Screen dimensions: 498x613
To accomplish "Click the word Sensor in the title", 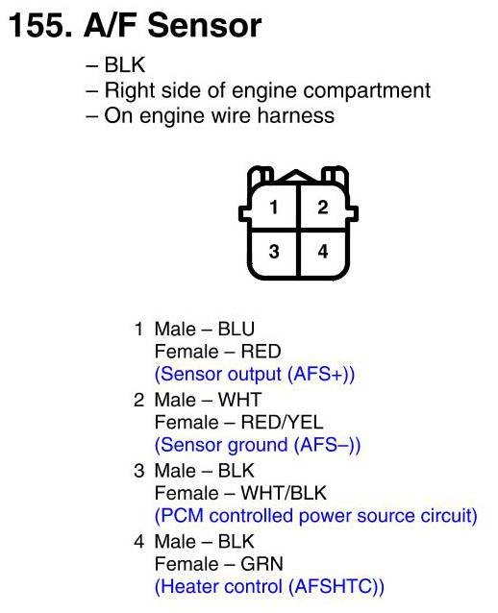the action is pyautogui.click(x=204, y=26).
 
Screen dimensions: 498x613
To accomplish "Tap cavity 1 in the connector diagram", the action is pyautogui.click(x=274, y=207).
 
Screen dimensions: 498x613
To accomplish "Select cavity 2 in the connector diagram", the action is pyautogui.click(x=323, y=207).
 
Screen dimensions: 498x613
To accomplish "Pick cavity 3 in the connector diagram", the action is pyautogui.click(x=274, y=252).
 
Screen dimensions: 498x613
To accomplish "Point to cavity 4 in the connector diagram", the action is pyautogui.click(x=323, y=252).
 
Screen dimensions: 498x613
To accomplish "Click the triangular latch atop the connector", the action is pyautogui.click(x=297, y=176).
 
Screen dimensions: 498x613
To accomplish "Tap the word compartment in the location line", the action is pyautogui.click(x=366, y=91).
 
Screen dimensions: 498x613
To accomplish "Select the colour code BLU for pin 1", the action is pyautogui.click(x=237, y=330).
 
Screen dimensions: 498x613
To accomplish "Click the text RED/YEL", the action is pyautogui.click(x=282, y=423).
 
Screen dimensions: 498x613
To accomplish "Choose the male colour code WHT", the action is pyautogui.click(x=239, y=400).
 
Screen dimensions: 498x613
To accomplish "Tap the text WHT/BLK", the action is pyautogui.click(x=284, y=493).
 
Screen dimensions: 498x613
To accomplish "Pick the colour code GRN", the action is pyautogui.click(x=261, y=564).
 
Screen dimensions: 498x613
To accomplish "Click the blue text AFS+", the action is pyautogui.click(x=317, y=375).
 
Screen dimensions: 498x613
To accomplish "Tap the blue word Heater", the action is pyautogui.click(x=189, y=587).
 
